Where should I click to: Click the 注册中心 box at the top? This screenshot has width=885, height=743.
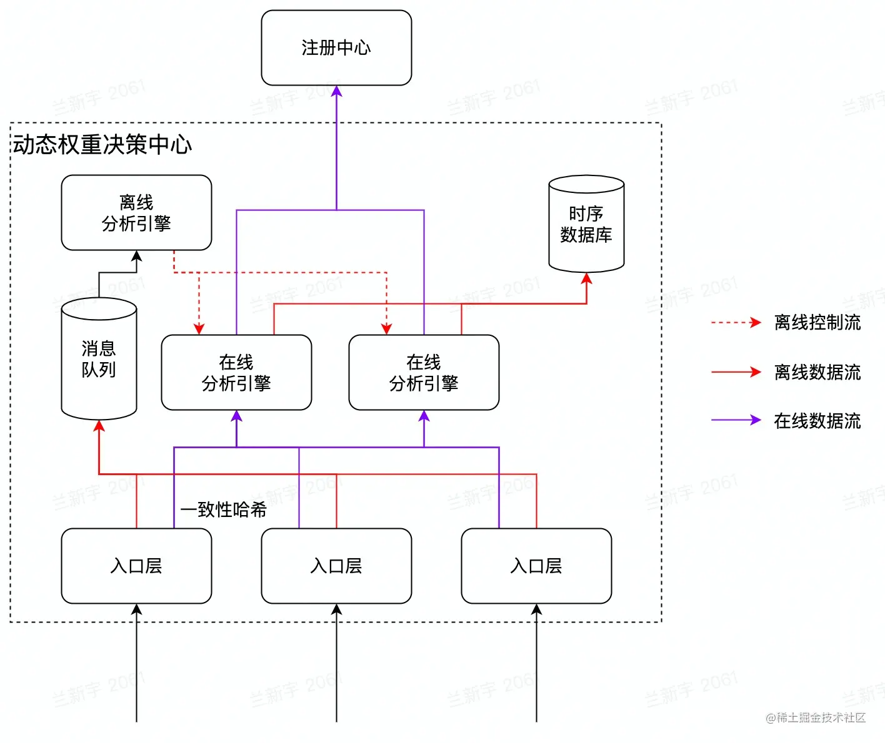pyautogui.click(x=336, y=47)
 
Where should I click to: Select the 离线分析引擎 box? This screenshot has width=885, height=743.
pyautogui.click(x=136, y=212)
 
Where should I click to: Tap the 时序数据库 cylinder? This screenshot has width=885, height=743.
pyautogui.click(x=586, y=225)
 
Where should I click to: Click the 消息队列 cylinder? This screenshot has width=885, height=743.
pyautogui.click(x=99, y=359)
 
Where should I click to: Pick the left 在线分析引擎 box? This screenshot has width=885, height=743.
pyautogui.click(x=236, y=372)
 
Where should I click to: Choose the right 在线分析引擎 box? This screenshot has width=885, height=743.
pyautogui.click(x=424, y=372)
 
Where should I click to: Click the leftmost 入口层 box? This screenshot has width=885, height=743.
pyautogui.click(x=136, y=566)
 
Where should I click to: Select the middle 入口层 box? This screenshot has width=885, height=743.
pyautogui.click(x=336, y=566)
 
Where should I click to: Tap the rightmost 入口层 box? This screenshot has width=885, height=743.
pyautogui.click(x=536, y=566)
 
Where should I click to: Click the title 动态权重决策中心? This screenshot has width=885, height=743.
pyautogui.click(x=102, y=144)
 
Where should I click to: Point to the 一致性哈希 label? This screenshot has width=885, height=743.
pyautogui.click(x=224, y=509)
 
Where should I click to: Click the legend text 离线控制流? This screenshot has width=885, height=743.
pyautogui.click(x=817, y=322)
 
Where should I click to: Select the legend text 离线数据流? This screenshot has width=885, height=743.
pyautogui.click(x=817, y=372)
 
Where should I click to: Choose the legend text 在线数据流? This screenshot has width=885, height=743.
pyautogui.click(x=817, y=421)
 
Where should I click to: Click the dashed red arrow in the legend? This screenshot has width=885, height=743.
pyautogui.click(x=736, y=323)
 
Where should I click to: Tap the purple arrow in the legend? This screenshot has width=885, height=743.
pyautogui.click(x=736, y=420)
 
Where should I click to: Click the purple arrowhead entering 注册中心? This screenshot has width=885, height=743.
pyautogui.click(x=336, y=92)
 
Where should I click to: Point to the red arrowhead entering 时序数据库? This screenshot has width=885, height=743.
pyautogui.click(x=586, y=279)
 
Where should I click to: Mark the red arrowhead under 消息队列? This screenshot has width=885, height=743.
pyautogui.click(x=99, y=426)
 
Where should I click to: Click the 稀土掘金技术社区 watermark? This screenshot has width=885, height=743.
pyautogui.click(x=816, y=717)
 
